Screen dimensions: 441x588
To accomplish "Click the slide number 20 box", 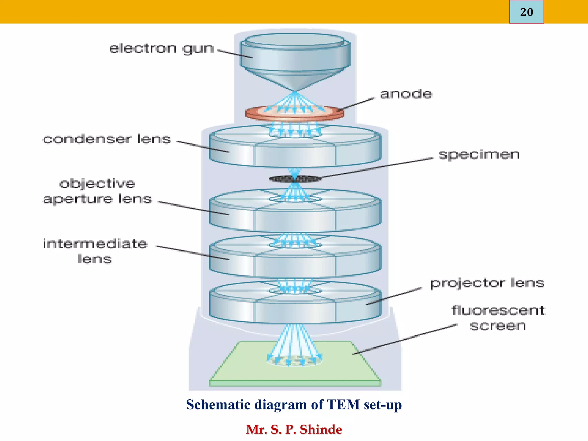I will (x=526, y=12).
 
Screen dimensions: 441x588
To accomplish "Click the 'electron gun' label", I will (x=162, y=49).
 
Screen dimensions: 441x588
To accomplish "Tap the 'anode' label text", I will (x=406, y=94).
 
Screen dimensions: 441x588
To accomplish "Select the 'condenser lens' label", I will (x=107, y=139).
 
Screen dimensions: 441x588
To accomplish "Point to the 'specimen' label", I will (x=479, y=155).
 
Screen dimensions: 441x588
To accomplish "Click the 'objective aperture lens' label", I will (x=97, y=191).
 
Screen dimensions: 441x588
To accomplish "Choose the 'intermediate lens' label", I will (x=95, y=251).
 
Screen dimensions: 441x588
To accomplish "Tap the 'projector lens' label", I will (x=487, y=283).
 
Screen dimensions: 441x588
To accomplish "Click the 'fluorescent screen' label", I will (x=498, y=318).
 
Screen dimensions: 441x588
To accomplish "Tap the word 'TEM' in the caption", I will (x=343, y=405).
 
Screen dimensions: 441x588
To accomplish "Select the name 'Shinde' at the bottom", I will (x=321, y=430).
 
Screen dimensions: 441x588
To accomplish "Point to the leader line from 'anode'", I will (x=357, y=104).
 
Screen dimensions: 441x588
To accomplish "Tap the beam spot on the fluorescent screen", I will (x=295, y=360).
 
